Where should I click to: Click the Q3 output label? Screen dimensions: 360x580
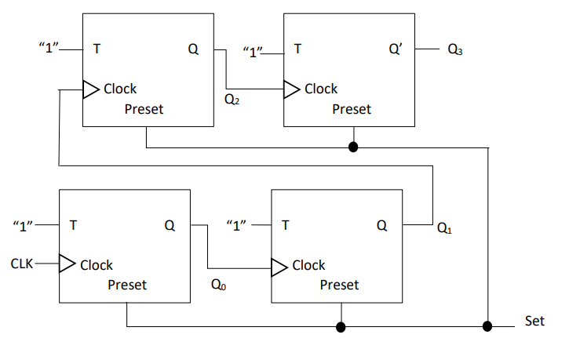[x=455, y=49]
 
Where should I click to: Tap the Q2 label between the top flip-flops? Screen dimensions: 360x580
[x=232, y=100]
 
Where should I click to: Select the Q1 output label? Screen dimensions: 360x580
[x=444, y=229]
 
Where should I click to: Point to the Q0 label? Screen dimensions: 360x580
[x=219, y=285]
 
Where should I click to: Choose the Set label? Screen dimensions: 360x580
[x=534, y=321]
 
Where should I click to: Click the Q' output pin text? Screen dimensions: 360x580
[x=396, y=49]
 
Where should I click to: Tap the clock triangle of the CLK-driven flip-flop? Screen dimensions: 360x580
[x=67, y=264]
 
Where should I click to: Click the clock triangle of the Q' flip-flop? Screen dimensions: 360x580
[x=291, y=89]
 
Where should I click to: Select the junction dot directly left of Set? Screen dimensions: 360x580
[x=487, y=325]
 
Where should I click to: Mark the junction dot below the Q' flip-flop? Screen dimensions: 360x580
[x=353, y=147]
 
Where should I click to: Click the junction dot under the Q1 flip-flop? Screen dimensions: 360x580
[x=341, y=325]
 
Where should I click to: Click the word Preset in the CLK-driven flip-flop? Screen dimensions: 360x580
[x=127, y=285]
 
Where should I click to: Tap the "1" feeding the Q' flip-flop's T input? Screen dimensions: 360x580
[x=253, y=53]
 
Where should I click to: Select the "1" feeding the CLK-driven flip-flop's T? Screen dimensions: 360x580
[x=25, y=227]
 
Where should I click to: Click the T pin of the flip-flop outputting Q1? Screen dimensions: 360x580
[x=285, y=226]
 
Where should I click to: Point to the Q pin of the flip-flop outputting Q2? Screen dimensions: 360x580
[x=193, y=49]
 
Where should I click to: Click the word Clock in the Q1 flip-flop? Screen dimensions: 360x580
[x=308, y=265]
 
